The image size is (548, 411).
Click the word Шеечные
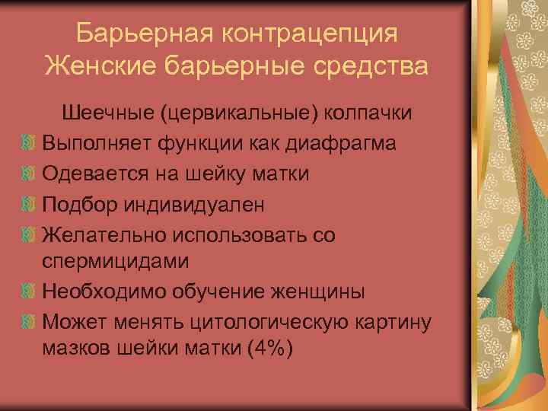tap(107, 113)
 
